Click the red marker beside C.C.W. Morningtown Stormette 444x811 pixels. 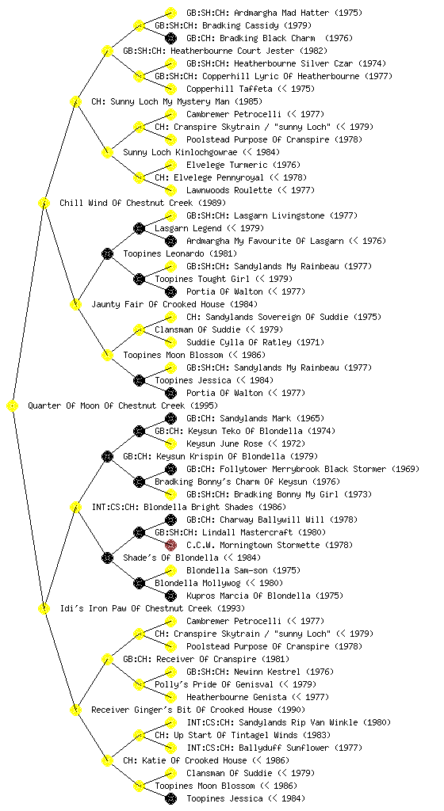tap(170, 545)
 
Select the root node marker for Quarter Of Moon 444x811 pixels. tap(13, 405)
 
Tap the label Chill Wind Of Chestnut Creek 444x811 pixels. tap(126, 203)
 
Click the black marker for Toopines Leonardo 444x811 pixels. tap(107, 253)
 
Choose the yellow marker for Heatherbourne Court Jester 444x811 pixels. tap(107, 51)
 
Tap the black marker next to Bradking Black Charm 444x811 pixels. tap(170, 38)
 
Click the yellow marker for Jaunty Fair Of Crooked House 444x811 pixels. tap(75, 304)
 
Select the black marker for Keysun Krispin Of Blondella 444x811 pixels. tap(107, 456)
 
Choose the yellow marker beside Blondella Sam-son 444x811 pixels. tap(170, 570)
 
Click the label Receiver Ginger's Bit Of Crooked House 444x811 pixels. tap(182, 710)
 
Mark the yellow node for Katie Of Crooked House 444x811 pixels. tap(107, 760)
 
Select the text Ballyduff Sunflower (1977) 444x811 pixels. tap(300, 748)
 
